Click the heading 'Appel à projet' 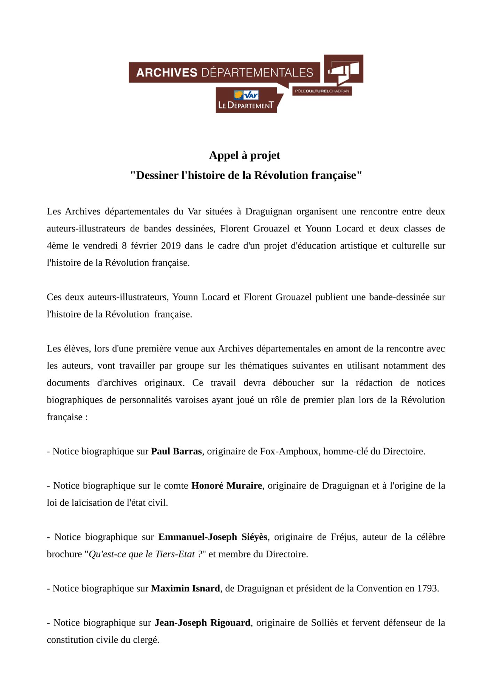(x=244, y=155)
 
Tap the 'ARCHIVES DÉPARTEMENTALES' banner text (x=225, y=72)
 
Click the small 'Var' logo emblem (x=246, y=95)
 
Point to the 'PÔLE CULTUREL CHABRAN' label (x=322, y=91)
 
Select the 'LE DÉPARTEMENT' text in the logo (x=245, y=105)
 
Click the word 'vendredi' (x=100, y=246)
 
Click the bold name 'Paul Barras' (x=176, y=451)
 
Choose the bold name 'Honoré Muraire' (x=227, y=485)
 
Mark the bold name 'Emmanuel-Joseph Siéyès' (x=213, y=537)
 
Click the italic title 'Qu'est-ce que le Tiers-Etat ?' (x=146, y=554)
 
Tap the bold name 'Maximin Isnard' (x=185, y=588)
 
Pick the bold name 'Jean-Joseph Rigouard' (x=202, y=622)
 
